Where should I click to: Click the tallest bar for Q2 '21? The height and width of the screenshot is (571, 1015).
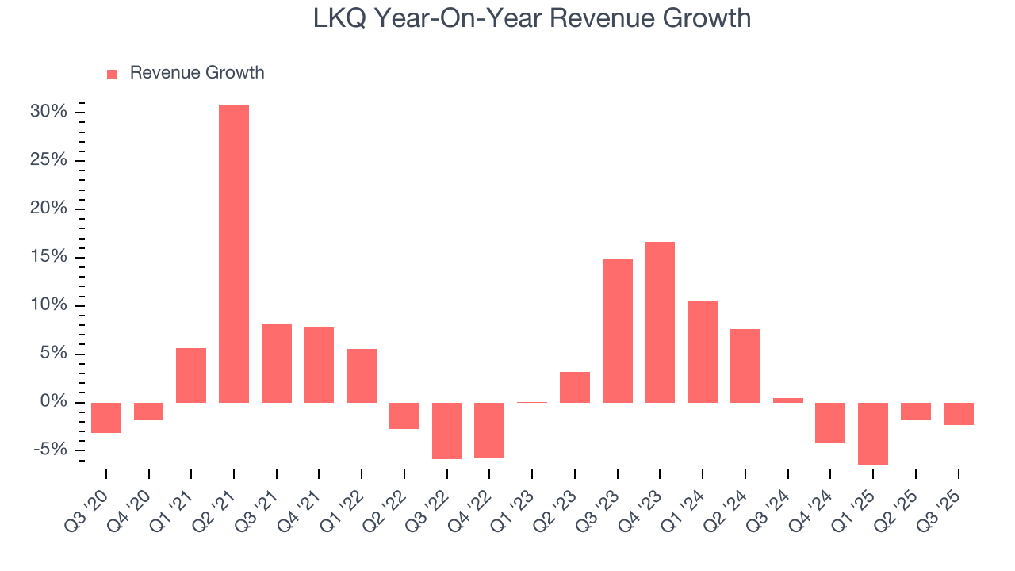234,254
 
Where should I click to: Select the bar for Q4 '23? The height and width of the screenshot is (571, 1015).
660,322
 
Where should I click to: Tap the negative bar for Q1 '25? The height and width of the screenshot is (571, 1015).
873,433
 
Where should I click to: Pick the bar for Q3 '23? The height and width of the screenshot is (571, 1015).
618,330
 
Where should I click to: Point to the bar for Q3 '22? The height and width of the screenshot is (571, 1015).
447,431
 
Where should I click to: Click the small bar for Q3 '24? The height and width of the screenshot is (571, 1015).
788,400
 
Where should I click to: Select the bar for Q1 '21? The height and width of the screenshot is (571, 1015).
191,375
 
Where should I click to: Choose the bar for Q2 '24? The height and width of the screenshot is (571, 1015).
745,366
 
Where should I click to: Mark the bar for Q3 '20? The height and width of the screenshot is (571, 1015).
106,417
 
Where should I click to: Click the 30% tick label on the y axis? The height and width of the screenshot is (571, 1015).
48,112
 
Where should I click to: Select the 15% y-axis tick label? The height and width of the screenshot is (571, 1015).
48,257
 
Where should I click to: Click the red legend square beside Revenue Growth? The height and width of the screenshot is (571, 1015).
112,74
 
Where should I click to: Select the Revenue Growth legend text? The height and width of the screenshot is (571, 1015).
197,73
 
